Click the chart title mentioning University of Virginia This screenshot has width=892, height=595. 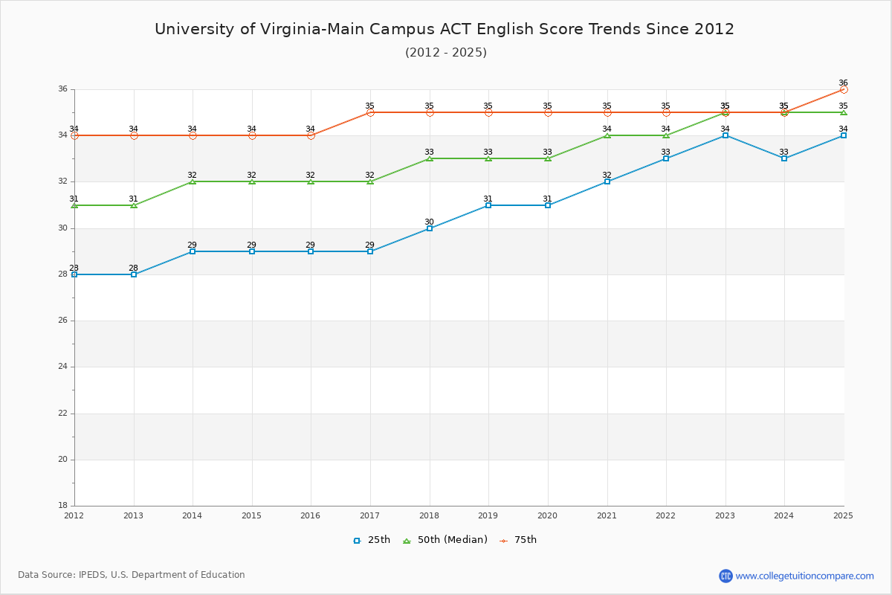coord(445,29)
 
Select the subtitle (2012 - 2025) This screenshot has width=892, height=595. coord(446,53)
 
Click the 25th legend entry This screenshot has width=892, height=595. coord(372,540)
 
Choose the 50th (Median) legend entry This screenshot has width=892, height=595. coord(445,540)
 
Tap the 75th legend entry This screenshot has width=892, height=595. coord(518,540)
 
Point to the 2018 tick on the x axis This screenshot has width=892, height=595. coord(429,515)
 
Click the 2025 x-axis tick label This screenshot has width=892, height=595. coord(843,515)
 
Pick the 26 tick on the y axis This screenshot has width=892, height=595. coord(63,321)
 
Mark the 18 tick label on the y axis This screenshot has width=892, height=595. coord(63,506)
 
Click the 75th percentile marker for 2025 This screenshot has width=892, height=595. coord(844,89)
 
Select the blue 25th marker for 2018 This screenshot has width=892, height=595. coord(430,228)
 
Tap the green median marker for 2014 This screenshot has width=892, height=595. coord(193,181)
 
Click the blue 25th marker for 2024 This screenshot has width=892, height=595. coord(784,158)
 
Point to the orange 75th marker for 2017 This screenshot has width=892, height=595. coord(370,112)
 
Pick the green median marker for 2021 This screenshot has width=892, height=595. coord(607,135)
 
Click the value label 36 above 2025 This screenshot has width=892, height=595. coord(843,83)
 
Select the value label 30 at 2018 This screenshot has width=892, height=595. coord(429,222)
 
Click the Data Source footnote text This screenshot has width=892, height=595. coord(132,575)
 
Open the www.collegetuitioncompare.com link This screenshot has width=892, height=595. coord(805,576)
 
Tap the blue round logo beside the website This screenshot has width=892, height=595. coord(725,576)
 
